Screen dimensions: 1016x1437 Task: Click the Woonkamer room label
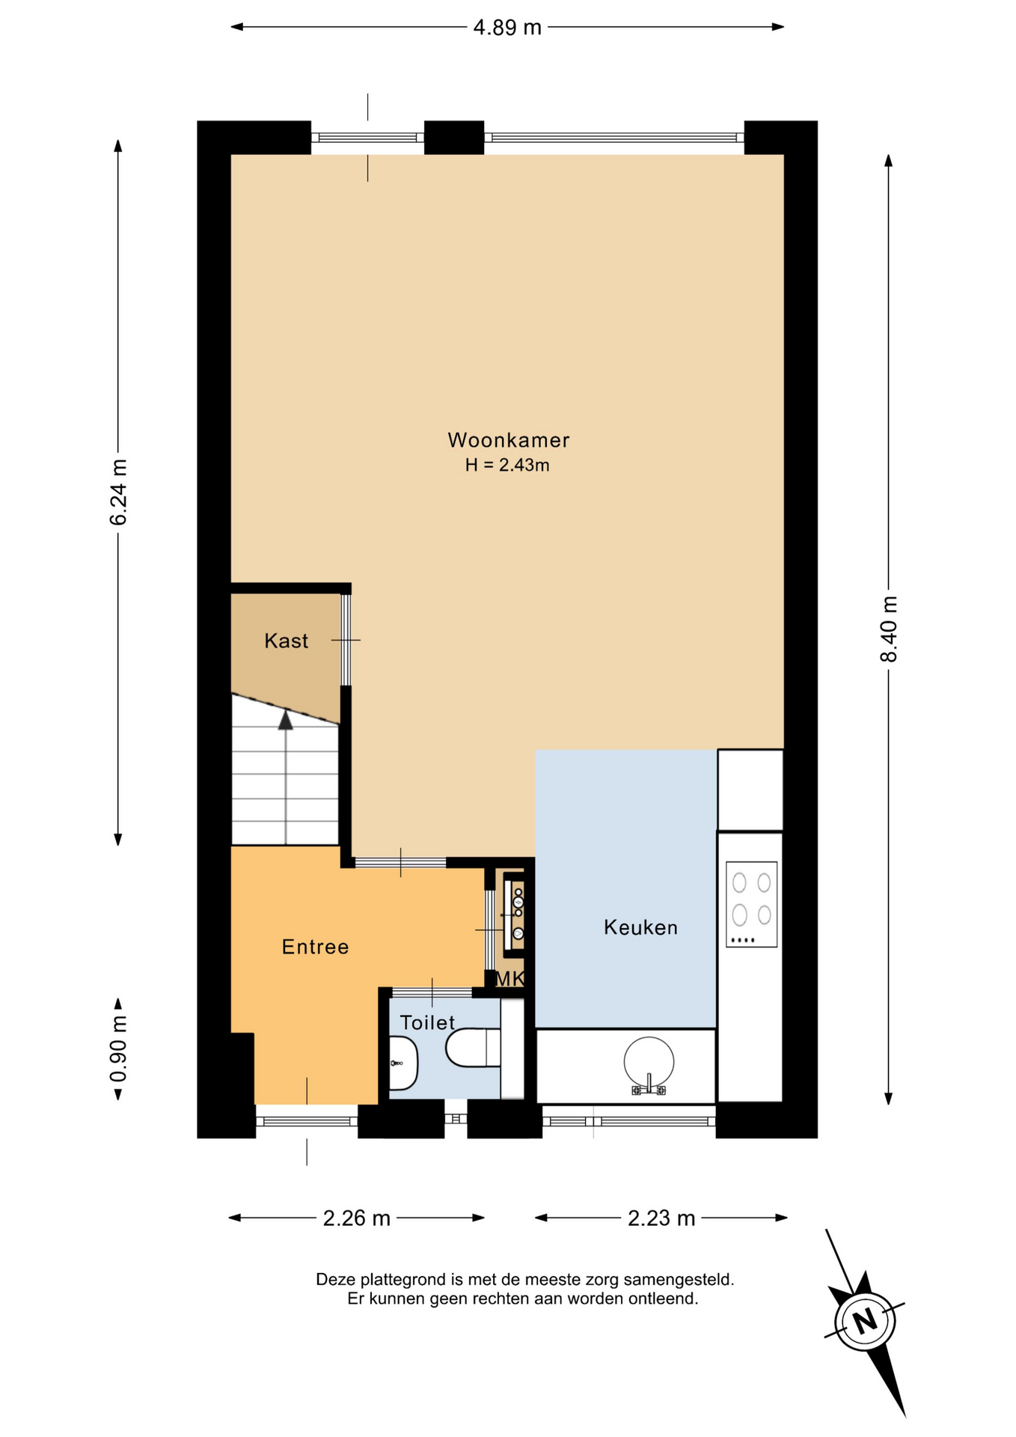[x=508, y=440]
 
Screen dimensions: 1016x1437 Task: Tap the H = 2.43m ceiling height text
[x=507, y=465]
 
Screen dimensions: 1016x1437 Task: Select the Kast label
[x=286, y=641]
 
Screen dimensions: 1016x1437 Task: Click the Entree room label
[x=315, y=947]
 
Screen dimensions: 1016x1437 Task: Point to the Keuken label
[x=640, y=927]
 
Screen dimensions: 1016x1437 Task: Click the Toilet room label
[x=427, y=1022]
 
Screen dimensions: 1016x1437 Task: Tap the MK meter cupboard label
[x=510, y=978]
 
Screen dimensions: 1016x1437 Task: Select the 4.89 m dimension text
[x=507, y=28]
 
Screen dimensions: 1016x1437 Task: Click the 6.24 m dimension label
[x=118, y=492]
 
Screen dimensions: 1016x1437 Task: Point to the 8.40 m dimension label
[x=888, y=629]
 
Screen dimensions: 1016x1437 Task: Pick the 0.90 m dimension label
[x=118, y=1049]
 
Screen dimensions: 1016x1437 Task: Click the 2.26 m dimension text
[x=356, y=1218]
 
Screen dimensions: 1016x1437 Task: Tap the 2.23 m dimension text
[x=661, y=1218]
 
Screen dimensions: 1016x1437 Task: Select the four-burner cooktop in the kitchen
[x=751, y=904]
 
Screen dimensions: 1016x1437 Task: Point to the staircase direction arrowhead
[x=286, y=719]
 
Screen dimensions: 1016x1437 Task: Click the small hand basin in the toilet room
[x=403, y=1063]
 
